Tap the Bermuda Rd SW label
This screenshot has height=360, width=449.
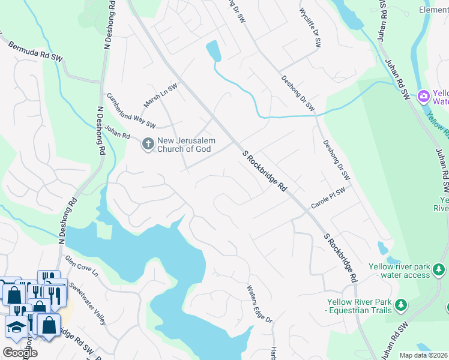(35, 50)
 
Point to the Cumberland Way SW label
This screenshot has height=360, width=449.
(131, 110)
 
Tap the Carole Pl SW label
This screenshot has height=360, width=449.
(328, 198)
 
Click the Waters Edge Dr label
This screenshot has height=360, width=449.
(260, 304)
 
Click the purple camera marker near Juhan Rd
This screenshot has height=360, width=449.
(423, 95)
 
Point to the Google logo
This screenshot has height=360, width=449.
(19, 353)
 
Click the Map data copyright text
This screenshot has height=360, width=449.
(424, 355)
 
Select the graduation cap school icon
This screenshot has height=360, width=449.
(14, 328)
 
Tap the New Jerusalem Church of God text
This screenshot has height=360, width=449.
(185, 145)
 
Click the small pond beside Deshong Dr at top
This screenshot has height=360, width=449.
(213, 51)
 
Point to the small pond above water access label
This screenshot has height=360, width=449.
(382, 248)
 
